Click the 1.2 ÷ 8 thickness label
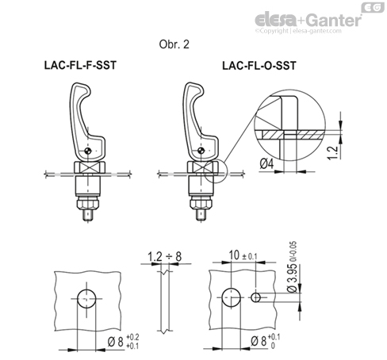(164, 256)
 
